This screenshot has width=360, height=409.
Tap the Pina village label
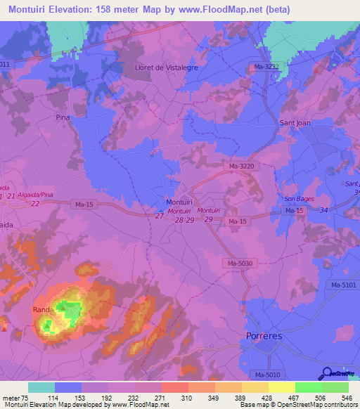point(63,118)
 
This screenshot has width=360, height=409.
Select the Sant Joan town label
point(295,122)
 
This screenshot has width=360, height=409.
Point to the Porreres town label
point(264,337)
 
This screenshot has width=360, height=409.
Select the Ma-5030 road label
point(240,263)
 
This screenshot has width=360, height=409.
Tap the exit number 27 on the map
point(160,216)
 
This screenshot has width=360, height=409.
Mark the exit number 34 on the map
point(324,210)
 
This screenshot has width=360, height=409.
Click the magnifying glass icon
point(327,374)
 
